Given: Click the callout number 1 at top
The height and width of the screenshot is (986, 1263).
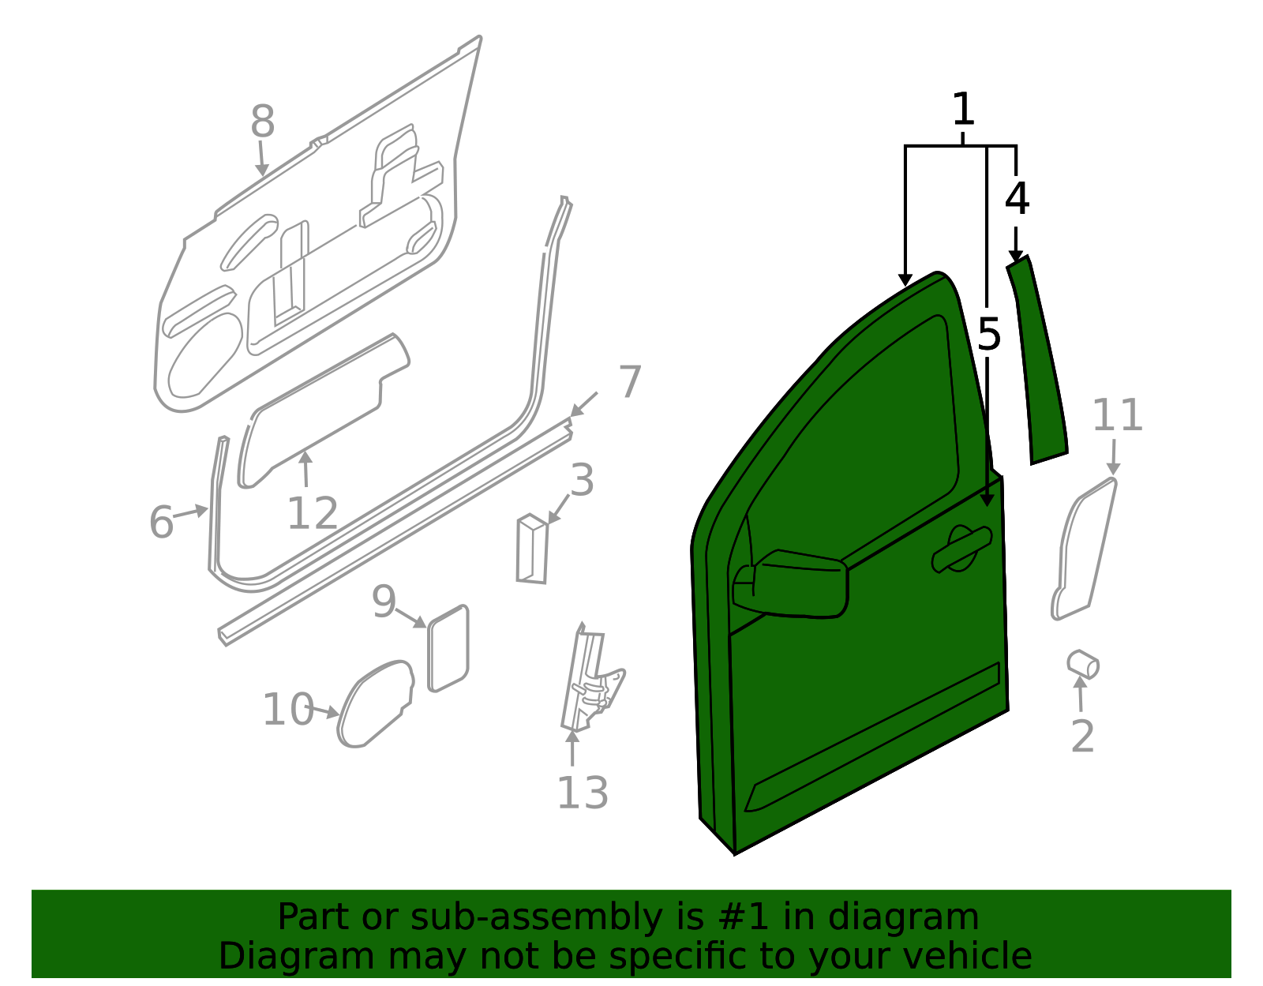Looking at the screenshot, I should (x=963, y=110).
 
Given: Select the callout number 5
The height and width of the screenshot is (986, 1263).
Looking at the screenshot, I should (x=988, y=335).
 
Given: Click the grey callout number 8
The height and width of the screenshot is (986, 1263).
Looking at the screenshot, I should (x=262, y=122).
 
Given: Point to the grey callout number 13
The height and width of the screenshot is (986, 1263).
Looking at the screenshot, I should (x=583, y=793).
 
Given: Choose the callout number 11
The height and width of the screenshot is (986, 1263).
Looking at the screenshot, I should (x=1117, y=415).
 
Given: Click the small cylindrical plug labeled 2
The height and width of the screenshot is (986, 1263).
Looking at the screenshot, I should (x=1083, y=664).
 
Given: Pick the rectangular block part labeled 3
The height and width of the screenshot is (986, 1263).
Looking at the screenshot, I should (x=532, y=549).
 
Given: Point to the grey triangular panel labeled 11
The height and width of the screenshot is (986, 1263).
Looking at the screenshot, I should (x=1083, y=549).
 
